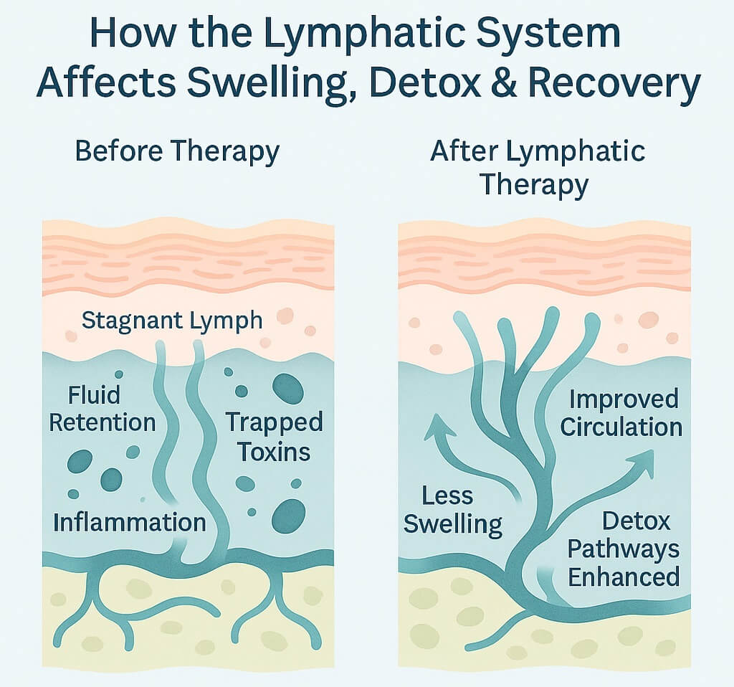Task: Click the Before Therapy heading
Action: (177, 152)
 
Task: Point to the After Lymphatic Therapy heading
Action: (537, 168)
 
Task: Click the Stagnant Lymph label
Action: (172, 320)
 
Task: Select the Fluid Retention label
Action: (102, 408)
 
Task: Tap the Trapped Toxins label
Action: (274, 437)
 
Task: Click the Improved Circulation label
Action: (621, 413)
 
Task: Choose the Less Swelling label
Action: (452, 509)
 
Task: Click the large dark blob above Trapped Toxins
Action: (288, 388)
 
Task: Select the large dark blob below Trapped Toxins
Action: (288, 515)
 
